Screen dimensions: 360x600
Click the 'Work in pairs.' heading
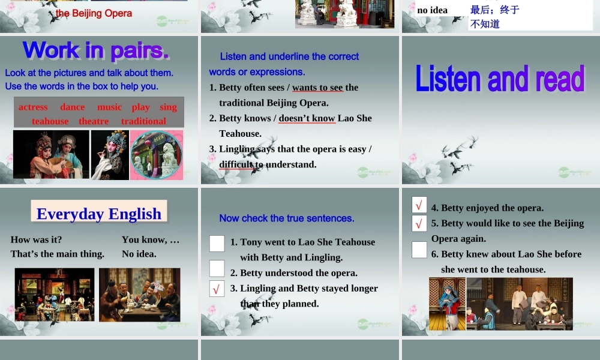(96, 50)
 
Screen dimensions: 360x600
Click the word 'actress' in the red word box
(33, 107)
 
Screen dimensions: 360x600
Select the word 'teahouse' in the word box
(50, 121)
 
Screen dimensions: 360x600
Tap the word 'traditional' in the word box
(143, 121)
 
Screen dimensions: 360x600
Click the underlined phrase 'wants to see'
(317, 87)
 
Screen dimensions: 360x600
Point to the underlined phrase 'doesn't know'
(307, 118)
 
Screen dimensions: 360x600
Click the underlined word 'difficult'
(236, 164)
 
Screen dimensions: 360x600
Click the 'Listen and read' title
(500, 80)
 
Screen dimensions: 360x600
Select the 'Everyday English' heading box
(99, 213)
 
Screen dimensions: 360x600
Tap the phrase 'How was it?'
(36, 239)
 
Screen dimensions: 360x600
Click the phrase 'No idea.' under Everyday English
(139, 254)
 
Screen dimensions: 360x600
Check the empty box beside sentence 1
(217, 243)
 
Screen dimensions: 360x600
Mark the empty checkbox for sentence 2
(217, 268)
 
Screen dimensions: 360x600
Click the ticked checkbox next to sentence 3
(217, 289)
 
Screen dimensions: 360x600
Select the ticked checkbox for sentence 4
(419, 205)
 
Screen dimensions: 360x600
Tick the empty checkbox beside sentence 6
(419, 250)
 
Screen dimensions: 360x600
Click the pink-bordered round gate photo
(157, 155)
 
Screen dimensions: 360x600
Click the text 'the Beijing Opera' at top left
(94, 13)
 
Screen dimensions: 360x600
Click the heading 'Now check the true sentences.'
(287, 218)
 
